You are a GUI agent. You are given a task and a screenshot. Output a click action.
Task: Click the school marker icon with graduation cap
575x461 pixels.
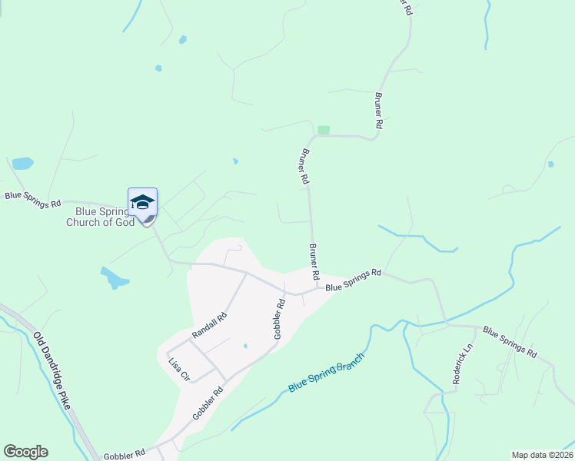click(142, 203)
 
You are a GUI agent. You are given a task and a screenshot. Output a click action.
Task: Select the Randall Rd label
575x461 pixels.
click(210, 326)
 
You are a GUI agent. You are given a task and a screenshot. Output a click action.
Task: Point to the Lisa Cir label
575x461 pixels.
click(179, 369)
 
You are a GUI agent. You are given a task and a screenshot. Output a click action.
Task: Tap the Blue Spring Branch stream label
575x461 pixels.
click(324, 373)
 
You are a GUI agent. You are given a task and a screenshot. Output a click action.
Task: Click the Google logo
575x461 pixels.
click(25, 452)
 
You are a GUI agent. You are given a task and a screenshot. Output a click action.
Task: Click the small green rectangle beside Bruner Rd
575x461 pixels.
click(324, 130)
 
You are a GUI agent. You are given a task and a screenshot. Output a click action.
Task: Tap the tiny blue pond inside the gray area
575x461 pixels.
click(245, 346)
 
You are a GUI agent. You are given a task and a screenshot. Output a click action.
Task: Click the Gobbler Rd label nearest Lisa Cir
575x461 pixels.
click(208, 402)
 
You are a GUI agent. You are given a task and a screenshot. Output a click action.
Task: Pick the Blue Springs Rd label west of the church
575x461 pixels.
click(32, 200)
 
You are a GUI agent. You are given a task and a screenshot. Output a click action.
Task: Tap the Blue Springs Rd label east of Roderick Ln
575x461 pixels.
click(510, 342)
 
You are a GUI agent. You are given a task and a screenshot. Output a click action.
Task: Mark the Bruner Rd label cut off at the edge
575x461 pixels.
click(407, 7)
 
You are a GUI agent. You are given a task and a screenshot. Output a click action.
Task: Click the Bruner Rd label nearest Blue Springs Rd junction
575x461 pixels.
click(314, 262)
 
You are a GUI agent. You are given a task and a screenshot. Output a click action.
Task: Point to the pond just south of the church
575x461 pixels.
click(114, 277)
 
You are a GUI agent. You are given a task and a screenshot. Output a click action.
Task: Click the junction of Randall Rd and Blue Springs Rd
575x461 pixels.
click(246, 272)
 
